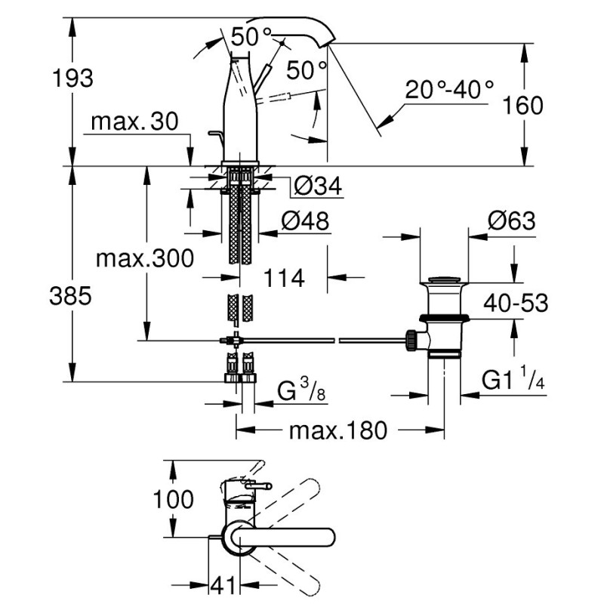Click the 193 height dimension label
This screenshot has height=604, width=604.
click(x=72, y=77)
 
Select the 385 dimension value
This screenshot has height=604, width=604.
click(x=72, y=296)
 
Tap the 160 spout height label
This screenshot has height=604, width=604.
click(x=522, y=105)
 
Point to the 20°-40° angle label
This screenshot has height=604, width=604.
click(x=449, y=90)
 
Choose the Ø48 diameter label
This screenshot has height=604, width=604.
click(x=306, y=220)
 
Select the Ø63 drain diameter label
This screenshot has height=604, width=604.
click(x=511, y=221)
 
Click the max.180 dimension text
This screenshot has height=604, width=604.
click(x=338, y=430)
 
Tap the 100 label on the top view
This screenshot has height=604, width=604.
click(x=173, y=499)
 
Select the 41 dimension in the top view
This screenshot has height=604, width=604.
click(x=220, y=584)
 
